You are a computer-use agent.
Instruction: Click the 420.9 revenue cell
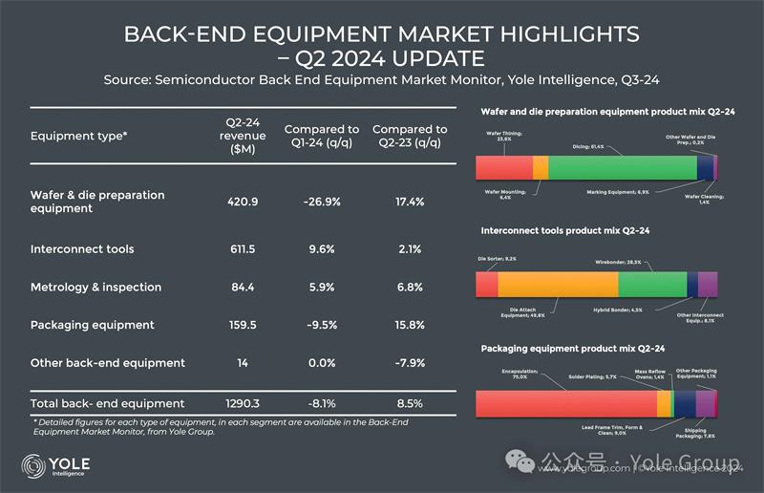coord(242,202)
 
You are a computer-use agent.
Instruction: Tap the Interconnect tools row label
coord(82,249)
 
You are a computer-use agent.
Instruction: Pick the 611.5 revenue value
coord(242,249)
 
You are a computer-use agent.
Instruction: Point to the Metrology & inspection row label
coord(95,287)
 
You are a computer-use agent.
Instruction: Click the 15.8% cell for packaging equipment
coord(410,325)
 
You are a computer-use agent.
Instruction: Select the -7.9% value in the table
coord(410,363)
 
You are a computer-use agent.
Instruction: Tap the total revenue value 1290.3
coord(242,403)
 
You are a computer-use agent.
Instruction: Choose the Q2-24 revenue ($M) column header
coord(242,136)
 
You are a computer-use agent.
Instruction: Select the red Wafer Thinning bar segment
coord(503,167)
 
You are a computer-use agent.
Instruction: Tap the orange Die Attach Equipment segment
coord(558,285)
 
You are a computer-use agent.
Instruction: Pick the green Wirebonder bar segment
coord(652,285)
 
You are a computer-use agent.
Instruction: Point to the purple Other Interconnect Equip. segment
coord(708,285)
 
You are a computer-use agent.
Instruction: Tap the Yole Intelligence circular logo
coord(33,466)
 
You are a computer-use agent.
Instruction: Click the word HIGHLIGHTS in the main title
coord(544,35)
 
